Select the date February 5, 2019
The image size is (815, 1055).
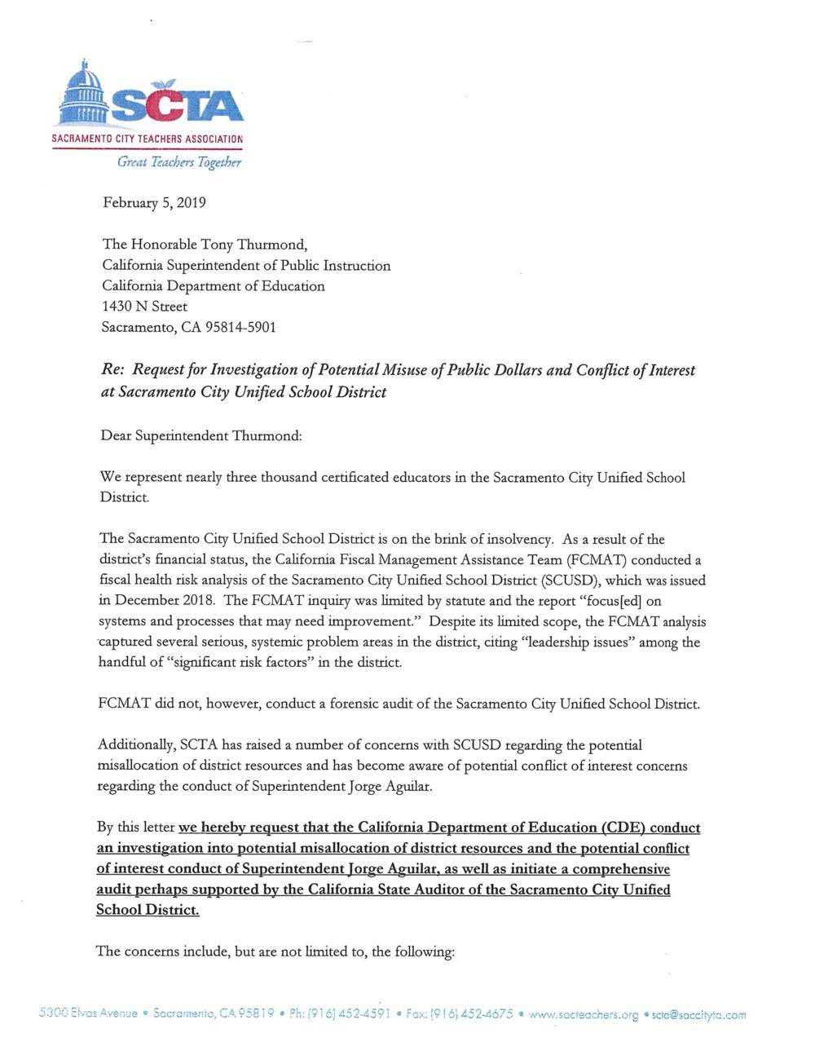[x=154, y=202]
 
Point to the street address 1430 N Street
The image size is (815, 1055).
[x=144, y=307]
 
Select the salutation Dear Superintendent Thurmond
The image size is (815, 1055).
[x=200, y=435]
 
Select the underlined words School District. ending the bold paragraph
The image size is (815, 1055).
[x=147, y=910]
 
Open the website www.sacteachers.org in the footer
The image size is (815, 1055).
[x=584, y=1015]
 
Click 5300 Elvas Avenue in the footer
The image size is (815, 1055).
[x=89, y=1014]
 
